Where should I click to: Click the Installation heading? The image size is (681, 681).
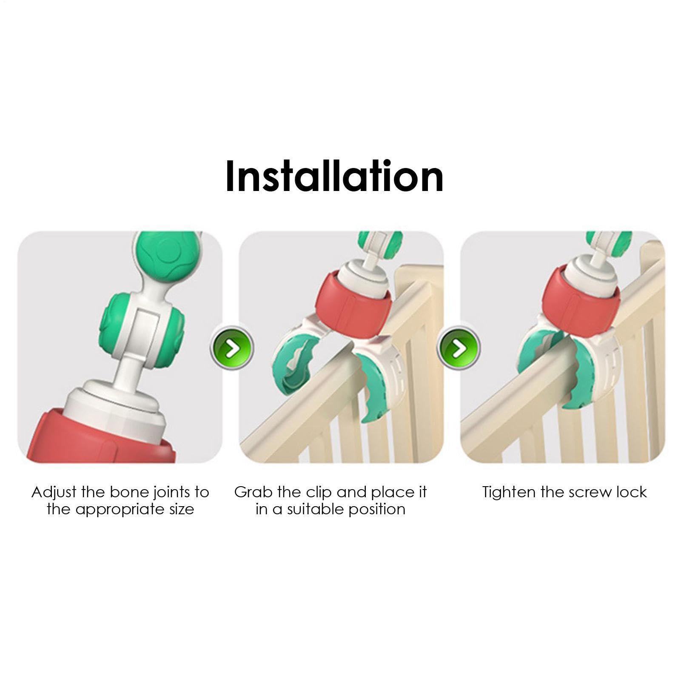coord(334,176)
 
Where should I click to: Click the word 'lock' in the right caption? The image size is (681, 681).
coord(632,492)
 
